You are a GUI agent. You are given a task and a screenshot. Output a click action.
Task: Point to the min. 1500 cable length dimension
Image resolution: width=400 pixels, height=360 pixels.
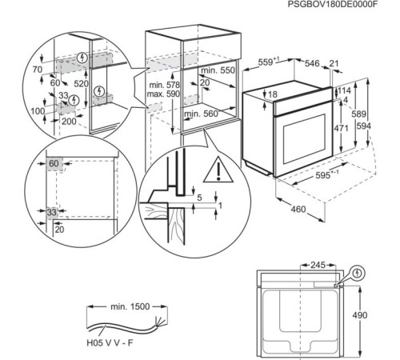[126, 306]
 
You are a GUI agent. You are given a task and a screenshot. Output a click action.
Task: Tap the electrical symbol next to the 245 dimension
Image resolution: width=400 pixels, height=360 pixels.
[357, 272]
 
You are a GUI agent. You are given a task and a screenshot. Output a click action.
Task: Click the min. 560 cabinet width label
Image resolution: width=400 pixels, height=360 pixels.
[201, 114]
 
